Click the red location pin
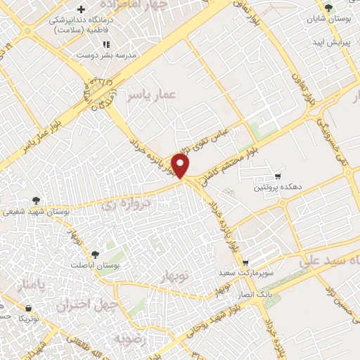[x=181, y=167]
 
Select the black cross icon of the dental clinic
[x=82, y=9]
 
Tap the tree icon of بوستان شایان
[x=328, y=8]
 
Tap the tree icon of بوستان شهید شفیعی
[x=35, y=201]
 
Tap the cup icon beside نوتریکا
[x=28, y=308]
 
